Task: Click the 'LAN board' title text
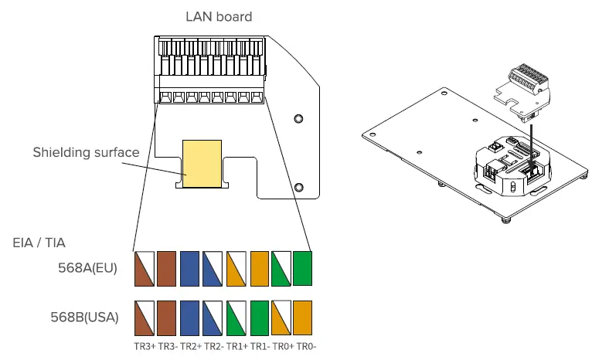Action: tap(219, 16)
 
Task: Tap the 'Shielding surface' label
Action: tap(86, 152)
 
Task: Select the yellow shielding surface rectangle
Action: tap(202, 165)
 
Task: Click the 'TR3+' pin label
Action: tap(145, 346)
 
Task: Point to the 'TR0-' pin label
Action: tap(307, 346)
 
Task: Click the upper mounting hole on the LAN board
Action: tap(298, 118)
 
